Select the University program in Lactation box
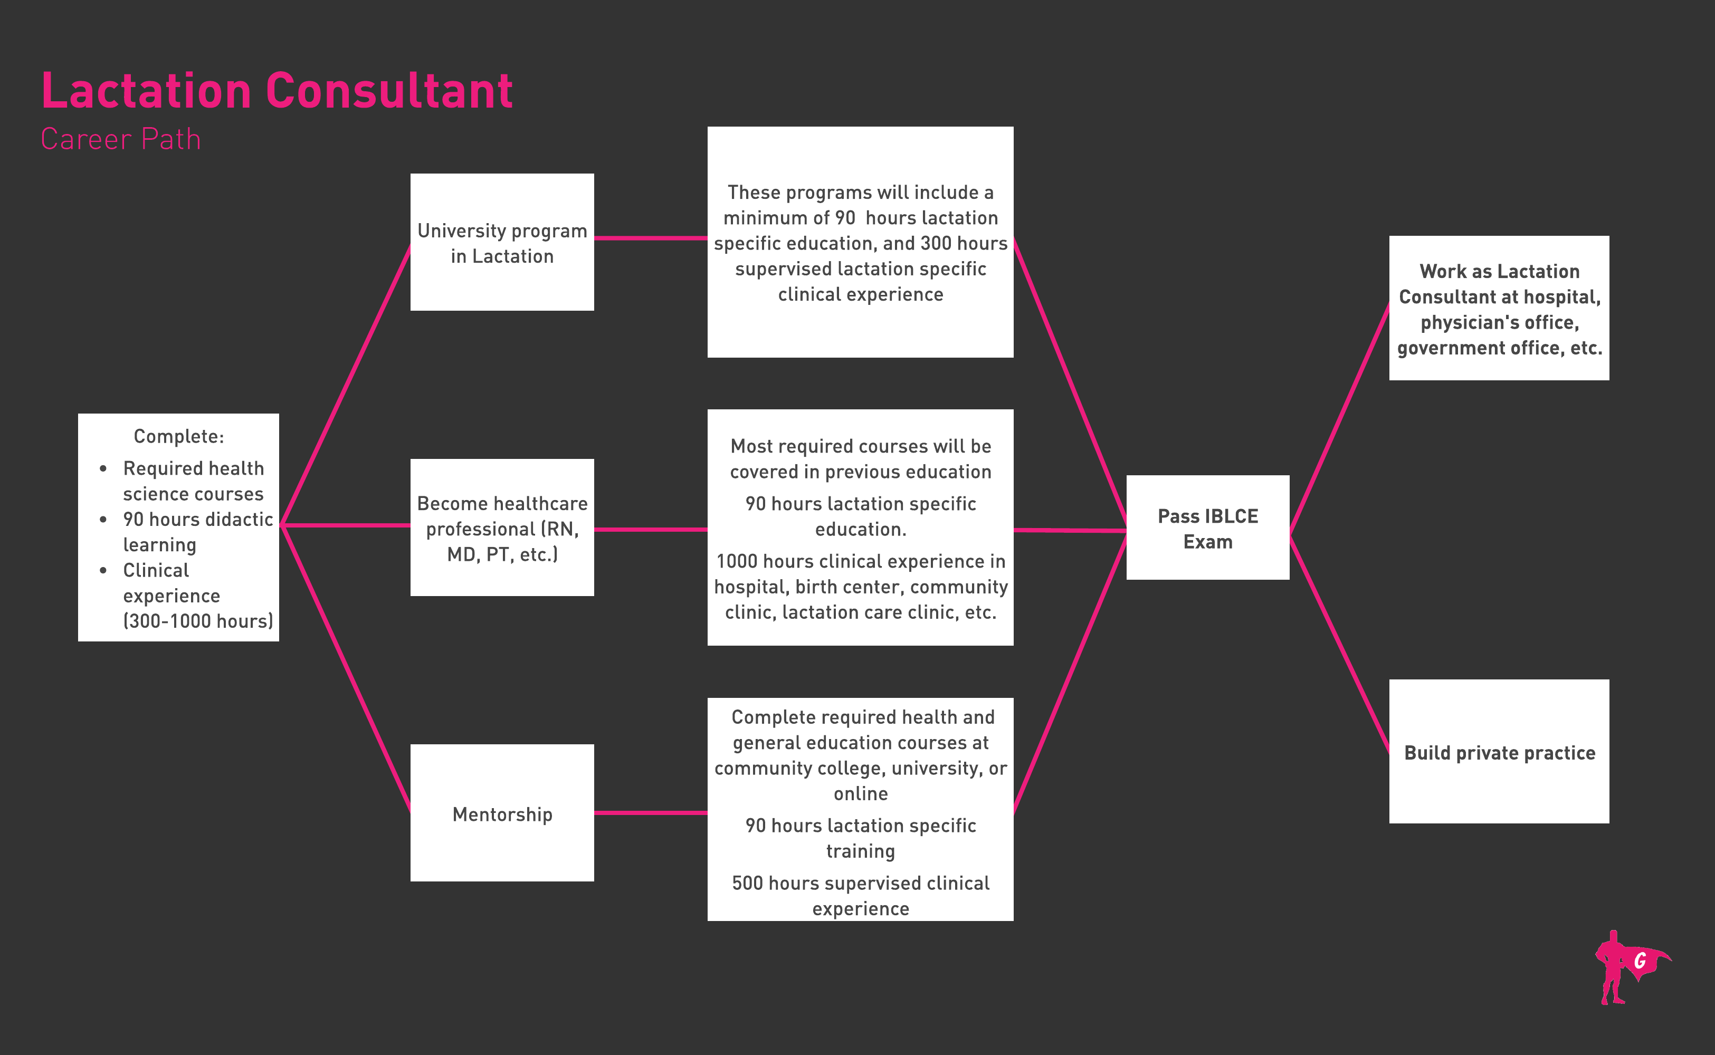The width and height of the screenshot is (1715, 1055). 502,242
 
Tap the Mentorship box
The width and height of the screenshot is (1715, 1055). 502,813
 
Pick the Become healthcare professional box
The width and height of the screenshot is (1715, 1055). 502,527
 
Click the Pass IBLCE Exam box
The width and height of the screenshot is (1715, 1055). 1207,527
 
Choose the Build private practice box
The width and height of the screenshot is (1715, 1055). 1499,752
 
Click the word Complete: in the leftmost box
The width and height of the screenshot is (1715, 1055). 179,437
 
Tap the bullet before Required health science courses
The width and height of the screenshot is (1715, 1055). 103,469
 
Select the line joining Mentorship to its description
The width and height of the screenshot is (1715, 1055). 651,813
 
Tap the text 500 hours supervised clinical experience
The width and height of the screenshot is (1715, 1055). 861,896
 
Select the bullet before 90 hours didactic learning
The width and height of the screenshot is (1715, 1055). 103,520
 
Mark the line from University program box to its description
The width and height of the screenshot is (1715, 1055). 651,238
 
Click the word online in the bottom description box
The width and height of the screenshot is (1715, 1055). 861,794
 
